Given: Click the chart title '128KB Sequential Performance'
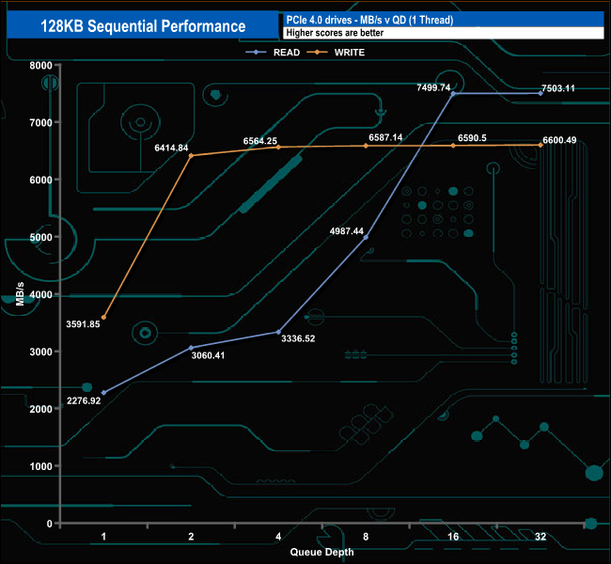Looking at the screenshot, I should click(x=143, y=26).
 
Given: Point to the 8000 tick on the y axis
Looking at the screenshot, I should click(x=39, y=66).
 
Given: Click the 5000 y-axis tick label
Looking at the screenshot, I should click(x=39, y=237).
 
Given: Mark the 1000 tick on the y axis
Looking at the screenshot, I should click(x=39, y=467).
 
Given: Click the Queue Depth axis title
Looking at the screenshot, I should click(x=322, y=553).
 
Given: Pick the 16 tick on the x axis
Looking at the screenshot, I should click(x=453, y=537).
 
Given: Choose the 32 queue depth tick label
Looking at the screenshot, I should click(x=540, y=537).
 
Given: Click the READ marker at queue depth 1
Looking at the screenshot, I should click(x=103, y=392).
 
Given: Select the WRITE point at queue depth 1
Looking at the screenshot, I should click(x=103, y=318).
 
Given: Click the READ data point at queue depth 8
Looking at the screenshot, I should click(x=366, y=237).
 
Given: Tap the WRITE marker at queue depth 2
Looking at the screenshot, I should click(x=191, y=156).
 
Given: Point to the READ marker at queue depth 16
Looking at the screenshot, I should click(x=453, y=94).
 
